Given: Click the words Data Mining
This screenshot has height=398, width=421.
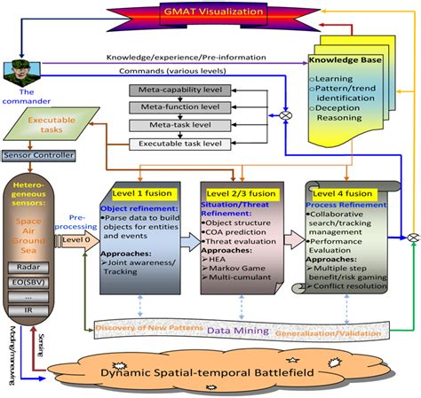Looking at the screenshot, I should coord(239,331).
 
